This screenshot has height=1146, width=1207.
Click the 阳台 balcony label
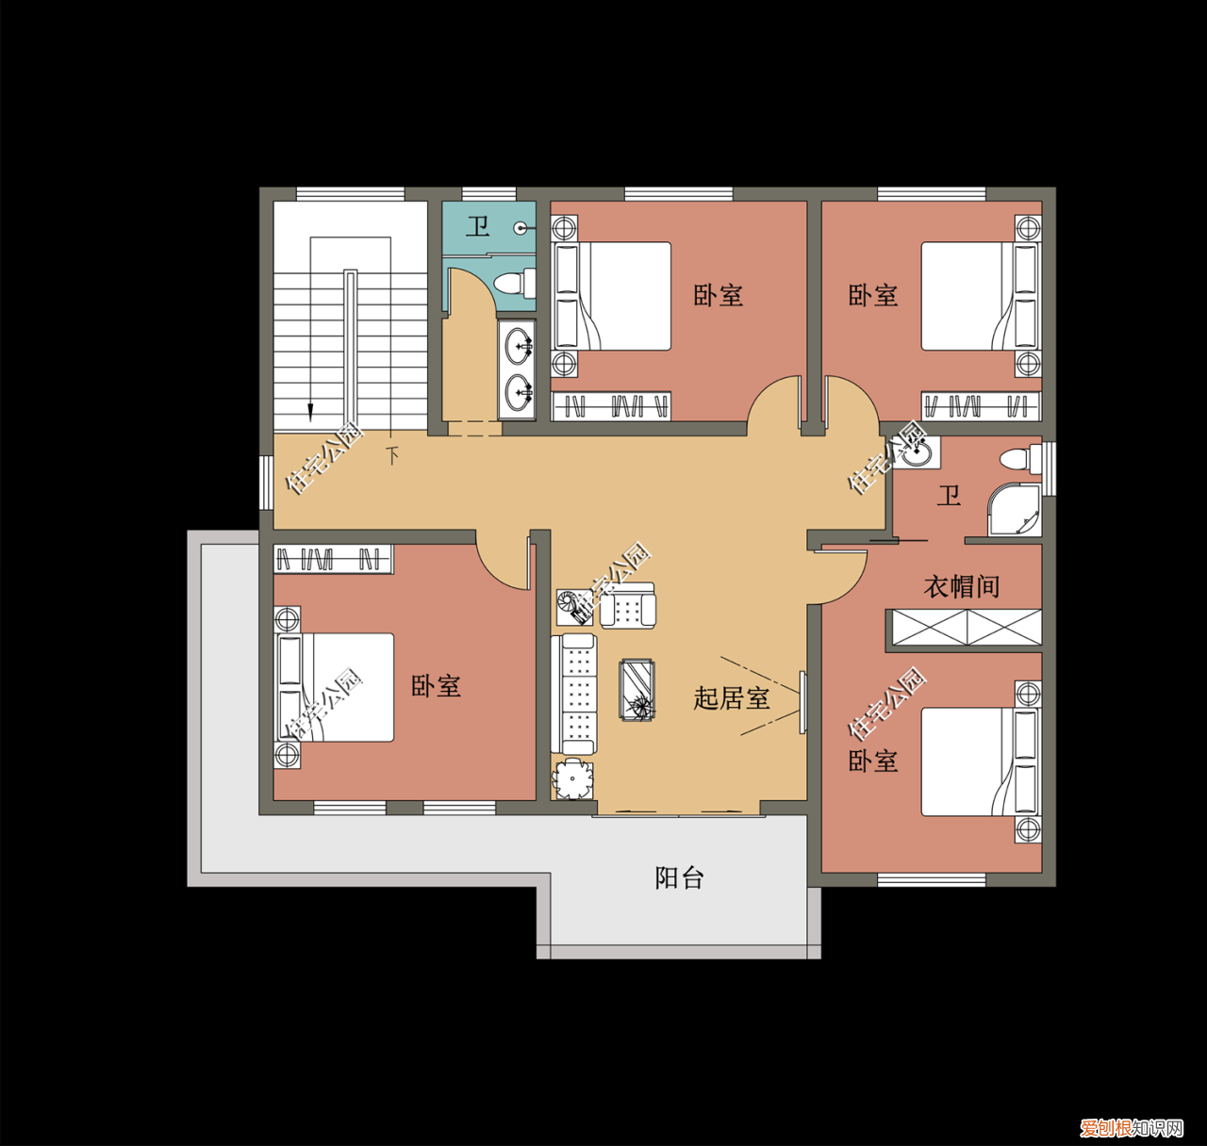(679, 878)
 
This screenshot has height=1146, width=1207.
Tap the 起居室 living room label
(732, 698)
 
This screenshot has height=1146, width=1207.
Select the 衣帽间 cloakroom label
(961, 586)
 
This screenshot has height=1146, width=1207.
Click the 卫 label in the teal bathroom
(478, 226)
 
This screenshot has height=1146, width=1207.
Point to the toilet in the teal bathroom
(515, 283)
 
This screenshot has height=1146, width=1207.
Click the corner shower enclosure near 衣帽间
(1016, 512)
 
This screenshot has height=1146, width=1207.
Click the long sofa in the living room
(578, 695)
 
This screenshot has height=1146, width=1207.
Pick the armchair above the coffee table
(628, 606)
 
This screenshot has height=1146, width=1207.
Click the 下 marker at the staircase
(393, 455)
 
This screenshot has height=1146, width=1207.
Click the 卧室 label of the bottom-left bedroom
(436, 686)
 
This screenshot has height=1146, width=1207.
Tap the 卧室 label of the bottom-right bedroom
(872, 761)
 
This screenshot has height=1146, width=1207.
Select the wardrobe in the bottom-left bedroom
(333, 559)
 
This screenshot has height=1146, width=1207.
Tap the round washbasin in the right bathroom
(916, 453)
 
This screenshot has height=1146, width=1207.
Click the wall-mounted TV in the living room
(802, 702)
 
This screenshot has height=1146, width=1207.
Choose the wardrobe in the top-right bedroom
(981, 406)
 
